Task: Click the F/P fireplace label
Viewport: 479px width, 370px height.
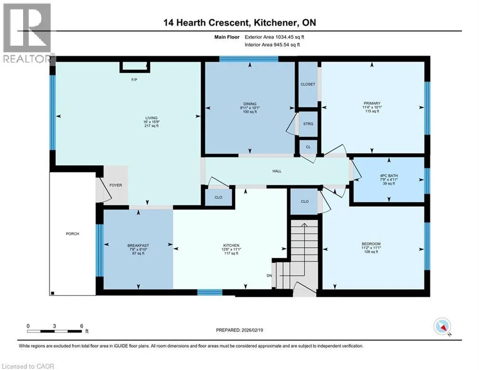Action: coord(134,80)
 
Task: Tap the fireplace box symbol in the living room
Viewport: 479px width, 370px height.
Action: coord(135,67)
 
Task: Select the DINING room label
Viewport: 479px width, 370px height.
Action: coord(250,104)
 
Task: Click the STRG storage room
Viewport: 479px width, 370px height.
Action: coord(308,124)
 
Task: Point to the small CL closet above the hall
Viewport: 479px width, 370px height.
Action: coord(308,147)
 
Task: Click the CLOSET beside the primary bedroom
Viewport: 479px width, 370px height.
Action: coord(308,84)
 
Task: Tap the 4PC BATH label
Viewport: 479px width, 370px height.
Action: coord(389,175)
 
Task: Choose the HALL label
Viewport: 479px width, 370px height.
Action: coord(277,171)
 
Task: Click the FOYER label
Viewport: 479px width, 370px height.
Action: coord(116,185)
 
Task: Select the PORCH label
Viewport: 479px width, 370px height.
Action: coord(72,234)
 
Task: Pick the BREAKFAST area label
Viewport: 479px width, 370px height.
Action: coord(138,245)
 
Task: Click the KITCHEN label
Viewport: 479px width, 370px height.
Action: coord(231,245)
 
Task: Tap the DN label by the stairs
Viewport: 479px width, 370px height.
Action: coord(269,276)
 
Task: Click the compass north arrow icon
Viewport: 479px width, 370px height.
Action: coord(442,327)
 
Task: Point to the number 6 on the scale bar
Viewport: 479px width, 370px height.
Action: coord(81,326)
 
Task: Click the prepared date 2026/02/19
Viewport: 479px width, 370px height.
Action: coord(252,330)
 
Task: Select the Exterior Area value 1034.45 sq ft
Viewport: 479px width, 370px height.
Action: coord(290,37)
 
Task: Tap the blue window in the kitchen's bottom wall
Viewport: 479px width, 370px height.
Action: coord(209,292)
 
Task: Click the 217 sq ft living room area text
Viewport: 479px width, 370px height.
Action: coord(152,126)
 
